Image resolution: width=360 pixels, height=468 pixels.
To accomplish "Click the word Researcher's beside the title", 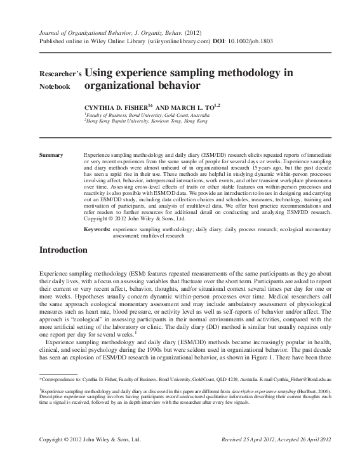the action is [58, 74].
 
